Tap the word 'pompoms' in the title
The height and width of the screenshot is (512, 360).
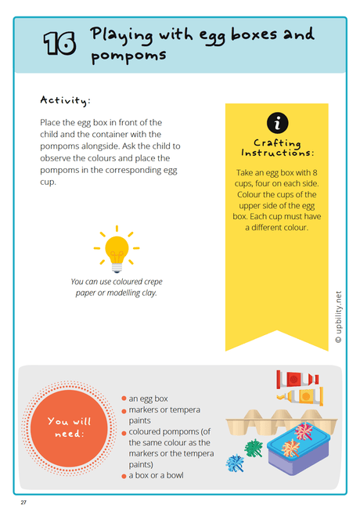(128, 57)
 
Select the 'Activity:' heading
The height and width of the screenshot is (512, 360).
(66, 100)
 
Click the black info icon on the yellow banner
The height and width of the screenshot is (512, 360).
(277, 124)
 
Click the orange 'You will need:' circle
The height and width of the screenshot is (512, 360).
(69, 427)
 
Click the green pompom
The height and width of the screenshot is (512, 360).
(253, 448)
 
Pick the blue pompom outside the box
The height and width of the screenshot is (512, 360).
(236, 463)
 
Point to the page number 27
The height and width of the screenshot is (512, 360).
(25, 500)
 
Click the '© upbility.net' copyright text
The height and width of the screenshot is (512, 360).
(338, 317)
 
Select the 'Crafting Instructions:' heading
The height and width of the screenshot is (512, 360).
(278, 149)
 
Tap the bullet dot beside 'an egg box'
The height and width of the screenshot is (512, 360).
(124, 398)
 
